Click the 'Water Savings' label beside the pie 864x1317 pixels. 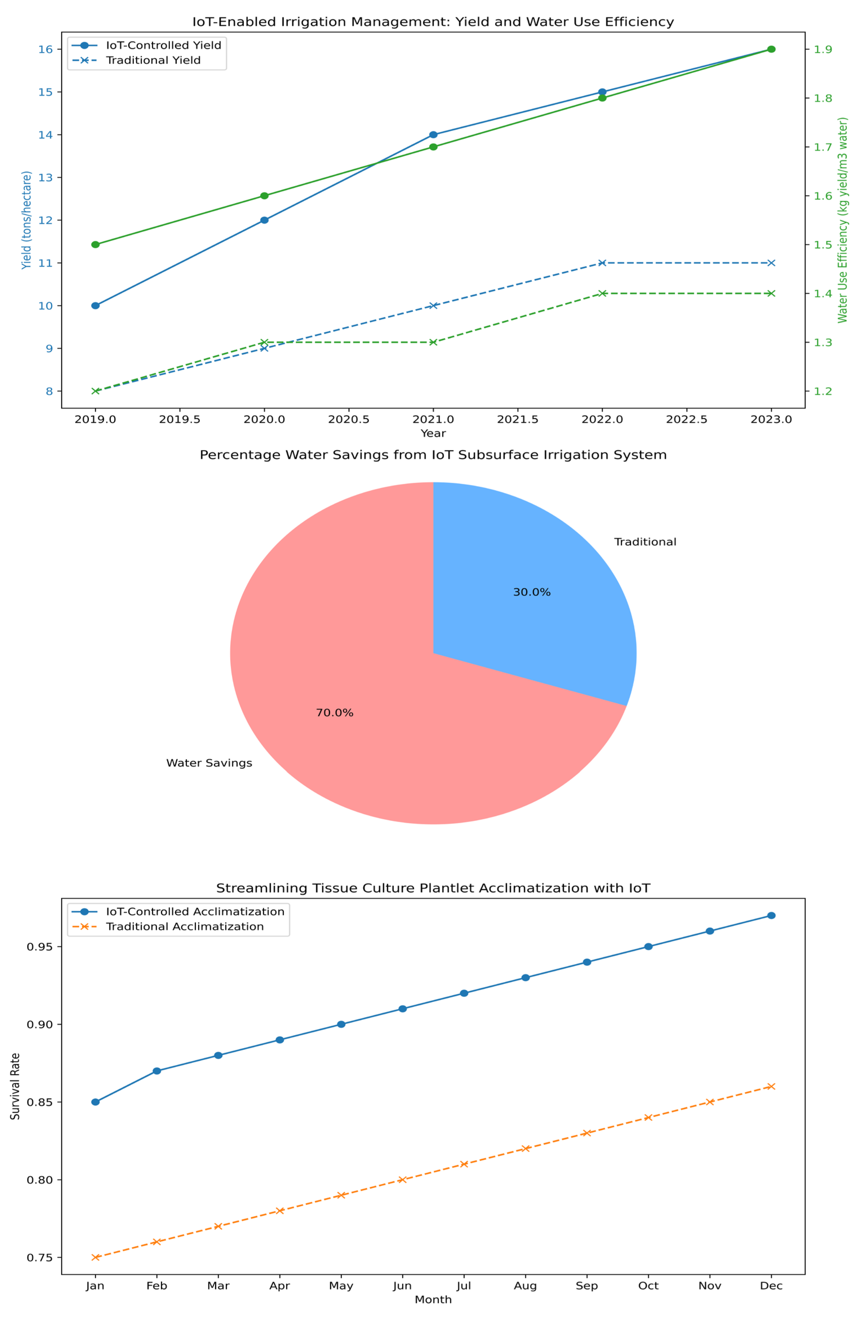tap(209, 763)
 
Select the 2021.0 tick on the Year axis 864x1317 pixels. tap(433, 420)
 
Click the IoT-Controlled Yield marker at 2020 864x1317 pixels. tap(264, 220)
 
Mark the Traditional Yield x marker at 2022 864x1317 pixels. tap(602, 263)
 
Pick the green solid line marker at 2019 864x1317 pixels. tap(95, 244)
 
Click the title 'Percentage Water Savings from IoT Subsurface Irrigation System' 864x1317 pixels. tap(433, 455)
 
